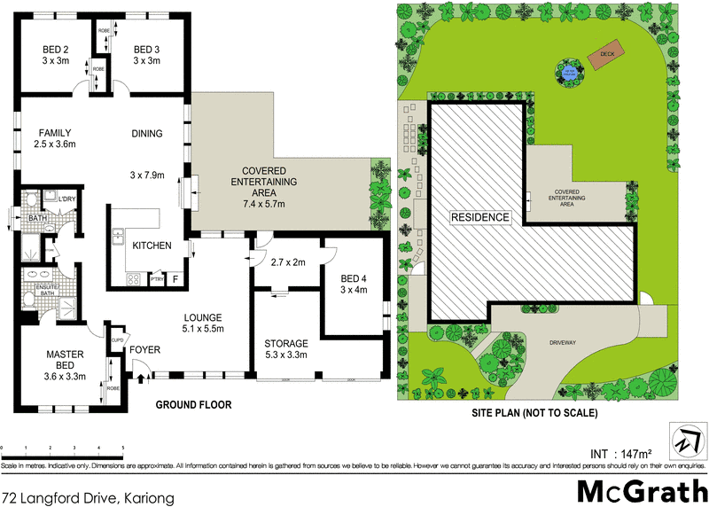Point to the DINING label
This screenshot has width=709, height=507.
point(147,134)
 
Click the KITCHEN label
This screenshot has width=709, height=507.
point(152,246)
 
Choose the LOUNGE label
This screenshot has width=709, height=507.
point(204,317)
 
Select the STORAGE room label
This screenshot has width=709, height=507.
point(285,343)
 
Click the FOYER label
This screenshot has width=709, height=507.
point(145,349)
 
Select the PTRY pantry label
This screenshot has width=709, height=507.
point(157,280)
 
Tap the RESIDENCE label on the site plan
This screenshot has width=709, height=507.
point(480,217)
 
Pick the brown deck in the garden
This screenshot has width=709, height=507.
point(607,54)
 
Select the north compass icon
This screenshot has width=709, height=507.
point(685,437)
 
